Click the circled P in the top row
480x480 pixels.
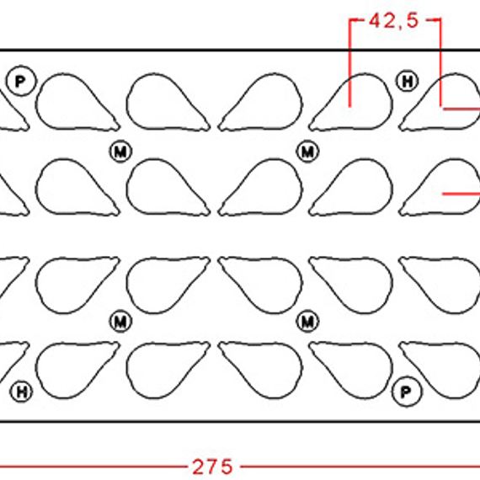point(21,81)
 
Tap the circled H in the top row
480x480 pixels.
point(407,81)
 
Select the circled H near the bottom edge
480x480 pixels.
point(21,392)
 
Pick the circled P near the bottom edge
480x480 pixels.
point(407,392)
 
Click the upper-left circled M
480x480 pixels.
point(121,152)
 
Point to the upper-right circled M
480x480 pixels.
point(308,152)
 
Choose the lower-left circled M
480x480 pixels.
point(121,322)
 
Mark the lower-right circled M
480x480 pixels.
point(308,322)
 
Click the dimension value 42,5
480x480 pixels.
point(393,21)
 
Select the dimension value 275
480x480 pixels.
point(212,467)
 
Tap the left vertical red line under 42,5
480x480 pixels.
point(350,63)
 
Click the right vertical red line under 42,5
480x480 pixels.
point(440,63)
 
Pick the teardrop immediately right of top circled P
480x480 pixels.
point(77,102)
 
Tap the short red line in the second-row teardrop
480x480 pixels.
point(461,194)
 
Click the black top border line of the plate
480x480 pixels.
point(240,50)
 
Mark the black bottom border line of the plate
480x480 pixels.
point(240,422)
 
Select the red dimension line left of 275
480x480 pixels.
point(93,467)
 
